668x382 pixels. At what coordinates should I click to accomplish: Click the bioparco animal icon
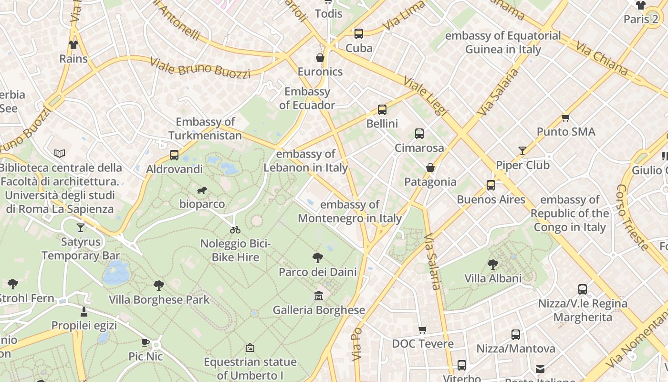click(x=202, y=191)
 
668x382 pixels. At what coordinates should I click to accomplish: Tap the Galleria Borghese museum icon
click(x=319, y=297)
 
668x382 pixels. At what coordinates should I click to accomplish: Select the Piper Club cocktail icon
click(x=522, y=151)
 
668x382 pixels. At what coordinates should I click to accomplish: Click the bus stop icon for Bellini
click(x=382, y=110)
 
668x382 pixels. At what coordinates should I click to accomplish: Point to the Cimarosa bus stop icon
click(x=419, y=134)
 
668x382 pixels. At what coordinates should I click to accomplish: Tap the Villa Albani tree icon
click(x=493, y=264)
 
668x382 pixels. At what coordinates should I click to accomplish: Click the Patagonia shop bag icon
click(x=430, y=168)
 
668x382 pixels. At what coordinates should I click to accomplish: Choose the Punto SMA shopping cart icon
click(x=566, y=117)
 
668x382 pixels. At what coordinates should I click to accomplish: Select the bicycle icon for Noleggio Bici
click(x=235, y=230)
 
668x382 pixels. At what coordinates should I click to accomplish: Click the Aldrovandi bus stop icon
click(x=174, y=155)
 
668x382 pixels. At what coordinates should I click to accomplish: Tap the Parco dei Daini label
click(x=318, y=272)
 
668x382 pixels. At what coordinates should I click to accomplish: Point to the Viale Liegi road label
click(x=426, y=96)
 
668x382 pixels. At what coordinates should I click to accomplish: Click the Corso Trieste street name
click(x=633, y=217)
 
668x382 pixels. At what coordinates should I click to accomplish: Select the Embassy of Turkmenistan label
click(x=205, y=129)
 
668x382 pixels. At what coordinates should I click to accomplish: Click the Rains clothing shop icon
click(x=73, y=45)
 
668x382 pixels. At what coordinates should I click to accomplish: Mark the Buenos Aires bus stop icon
click(x=491, y=185)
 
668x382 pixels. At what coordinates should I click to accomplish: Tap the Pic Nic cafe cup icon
click(x=146, y=342)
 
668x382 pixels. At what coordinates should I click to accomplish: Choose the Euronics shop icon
click(x=320, y=58)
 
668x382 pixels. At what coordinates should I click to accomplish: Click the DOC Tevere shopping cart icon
click(x=422, y=330)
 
